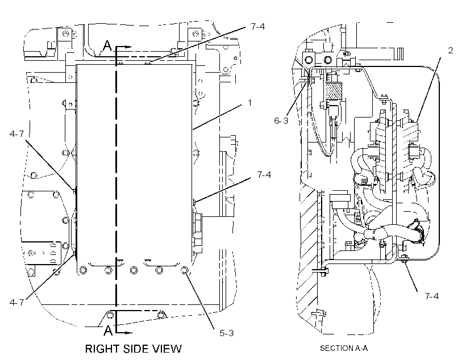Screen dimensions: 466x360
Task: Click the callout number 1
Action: (249, 103)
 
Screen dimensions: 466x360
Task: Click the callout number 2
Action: (451, 51)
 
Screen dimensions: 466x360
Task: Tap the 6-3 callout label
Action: (281, 120)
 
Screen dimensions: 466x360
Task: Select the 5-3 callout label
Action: (227, 333)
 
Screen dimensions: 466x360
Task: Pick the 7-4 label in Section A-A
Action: (431, 296)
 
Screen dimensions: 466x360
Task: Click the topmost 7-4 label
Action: (257, 27)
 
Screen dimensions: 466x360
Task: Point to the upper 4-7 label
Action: (16, 134)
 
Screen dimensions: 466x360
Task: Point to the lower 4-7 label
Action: (16, 303)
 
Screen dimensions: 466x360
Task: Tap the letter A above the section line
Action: (107, 46)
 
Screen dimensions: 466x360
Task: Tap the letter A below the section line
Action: (108, 330)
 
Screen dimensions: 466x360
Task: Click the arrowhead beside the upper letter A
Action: (128, 47)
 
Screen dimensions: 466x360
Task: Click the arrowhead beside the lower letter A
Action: (128, 333)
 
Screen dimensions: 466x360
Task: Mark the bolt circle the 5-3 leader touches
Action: (185, 270)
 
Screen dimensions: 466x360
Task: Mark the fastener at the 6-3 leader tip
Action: (309, 80)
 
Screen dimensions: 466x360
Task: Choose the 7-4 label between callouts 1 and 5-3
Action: (264, 175)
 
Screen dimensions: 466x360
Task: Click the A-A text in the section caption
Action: (361, 348)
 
